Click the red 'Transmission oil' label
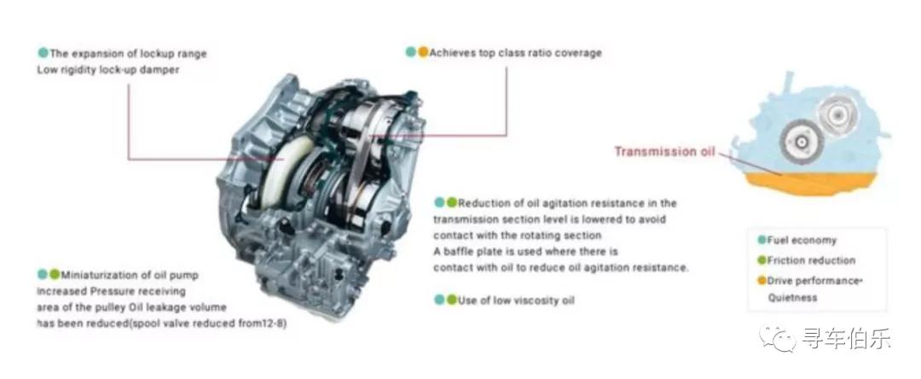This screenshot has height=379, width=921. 665,151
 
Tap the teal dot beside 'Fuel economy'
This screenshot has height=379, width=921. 762,240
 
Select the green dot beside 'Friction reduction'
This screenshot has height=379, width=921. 762,259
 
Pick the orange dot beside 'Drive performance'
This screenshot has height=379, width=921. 762,280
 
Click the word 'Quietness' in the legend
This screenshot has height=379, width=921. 792,297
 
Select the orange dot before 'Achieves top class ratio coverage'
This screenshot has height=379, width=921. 423,52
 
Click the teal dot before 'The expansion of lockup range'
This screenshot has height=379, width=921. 43,52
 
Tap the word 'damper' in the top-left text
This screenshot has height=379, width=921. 160,70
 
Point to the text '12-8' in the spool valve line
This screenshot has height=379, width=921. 274,324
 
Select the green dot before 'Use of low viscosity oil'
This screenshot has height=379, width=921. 451,300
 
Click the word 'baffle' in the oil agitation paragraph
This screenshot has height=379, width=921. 460,252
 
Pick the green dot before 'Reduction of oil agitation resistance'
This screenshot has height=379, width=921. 451,202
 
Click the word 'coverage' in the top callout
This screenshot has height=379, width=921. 579,53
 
